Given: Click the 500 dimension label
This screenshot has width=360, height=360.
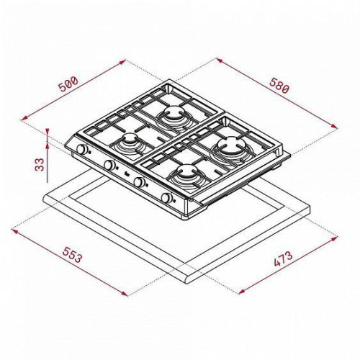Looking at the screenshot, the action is click(68, 84).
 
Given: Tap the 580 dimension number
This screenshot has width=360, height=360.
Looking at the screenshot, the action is click(280, 86).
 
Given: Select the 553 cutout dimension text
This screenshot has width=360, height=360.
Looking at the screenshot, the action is click(72, 255).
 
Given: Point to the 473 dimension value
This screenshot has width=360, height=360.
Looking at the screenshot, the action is click(284, 259).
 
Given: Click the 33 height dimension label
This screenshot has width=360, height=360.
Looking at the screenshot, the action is click(40, 164).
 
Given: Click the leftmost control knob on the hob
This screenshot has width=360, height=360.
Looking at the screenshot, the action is click(82, 149).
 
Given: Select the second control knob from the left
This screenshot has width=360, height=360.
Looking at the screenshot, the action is click(109, 165).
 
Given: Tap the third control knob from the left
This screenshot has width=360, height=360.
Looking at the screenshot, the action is click(139, 181).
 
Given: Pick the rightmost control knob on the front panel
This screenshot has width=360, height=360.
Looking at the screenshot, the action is click(166, 197).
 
